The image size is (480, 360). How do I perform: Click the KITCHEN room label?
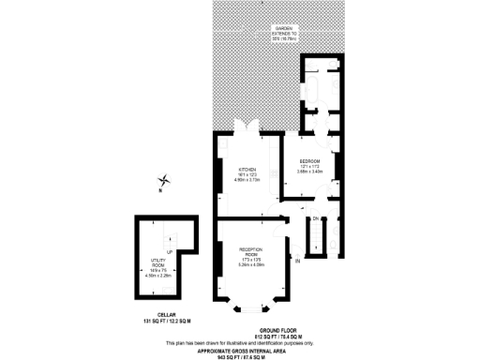[x=247, y=169]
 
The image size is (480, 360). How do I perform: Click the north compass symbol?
[x=166, y=181]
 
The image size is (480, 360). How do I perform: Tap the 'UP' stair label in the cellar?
[x=170, y=251]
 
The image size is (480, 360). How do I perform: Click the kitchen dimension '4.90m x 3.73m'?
[x=247, y=180]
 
